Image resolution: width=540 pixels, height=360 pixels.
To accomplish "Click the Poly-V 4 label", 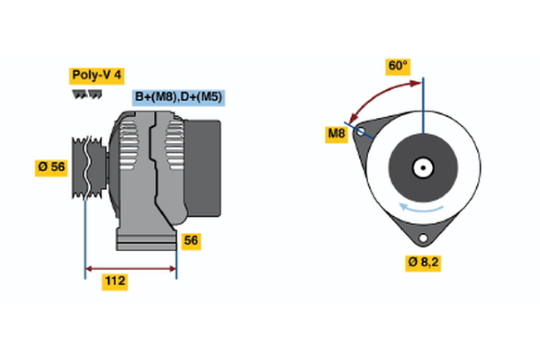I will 96,76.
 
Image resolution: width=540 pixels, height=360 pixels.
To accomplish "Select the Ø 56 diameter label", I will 51,167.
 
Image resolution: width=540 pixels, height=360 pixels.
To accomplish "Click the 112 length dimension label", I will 114,282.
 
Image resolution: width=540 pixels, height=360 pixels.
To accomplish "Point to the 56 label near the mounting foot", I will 191,240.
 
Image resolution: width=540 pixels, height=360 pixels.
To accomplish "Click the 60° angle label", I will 398,67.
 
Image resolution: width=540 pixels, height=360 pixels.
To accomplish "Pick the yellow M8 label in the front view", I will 336,135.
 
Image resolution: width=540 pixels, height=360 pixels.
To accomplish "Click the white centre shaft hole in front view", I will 422,167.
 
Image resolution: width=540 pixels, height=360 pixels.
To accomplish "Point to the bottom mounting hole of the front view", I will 422,238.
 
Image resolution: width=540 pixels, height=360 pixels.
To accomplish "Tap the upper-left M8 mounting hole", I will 361,131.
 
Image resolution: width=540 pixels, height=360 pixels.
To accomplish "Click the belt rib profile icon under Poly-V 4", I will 86,94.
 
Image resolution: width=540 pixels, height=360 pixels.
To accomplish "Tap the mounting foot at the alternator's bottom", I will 144,238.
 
